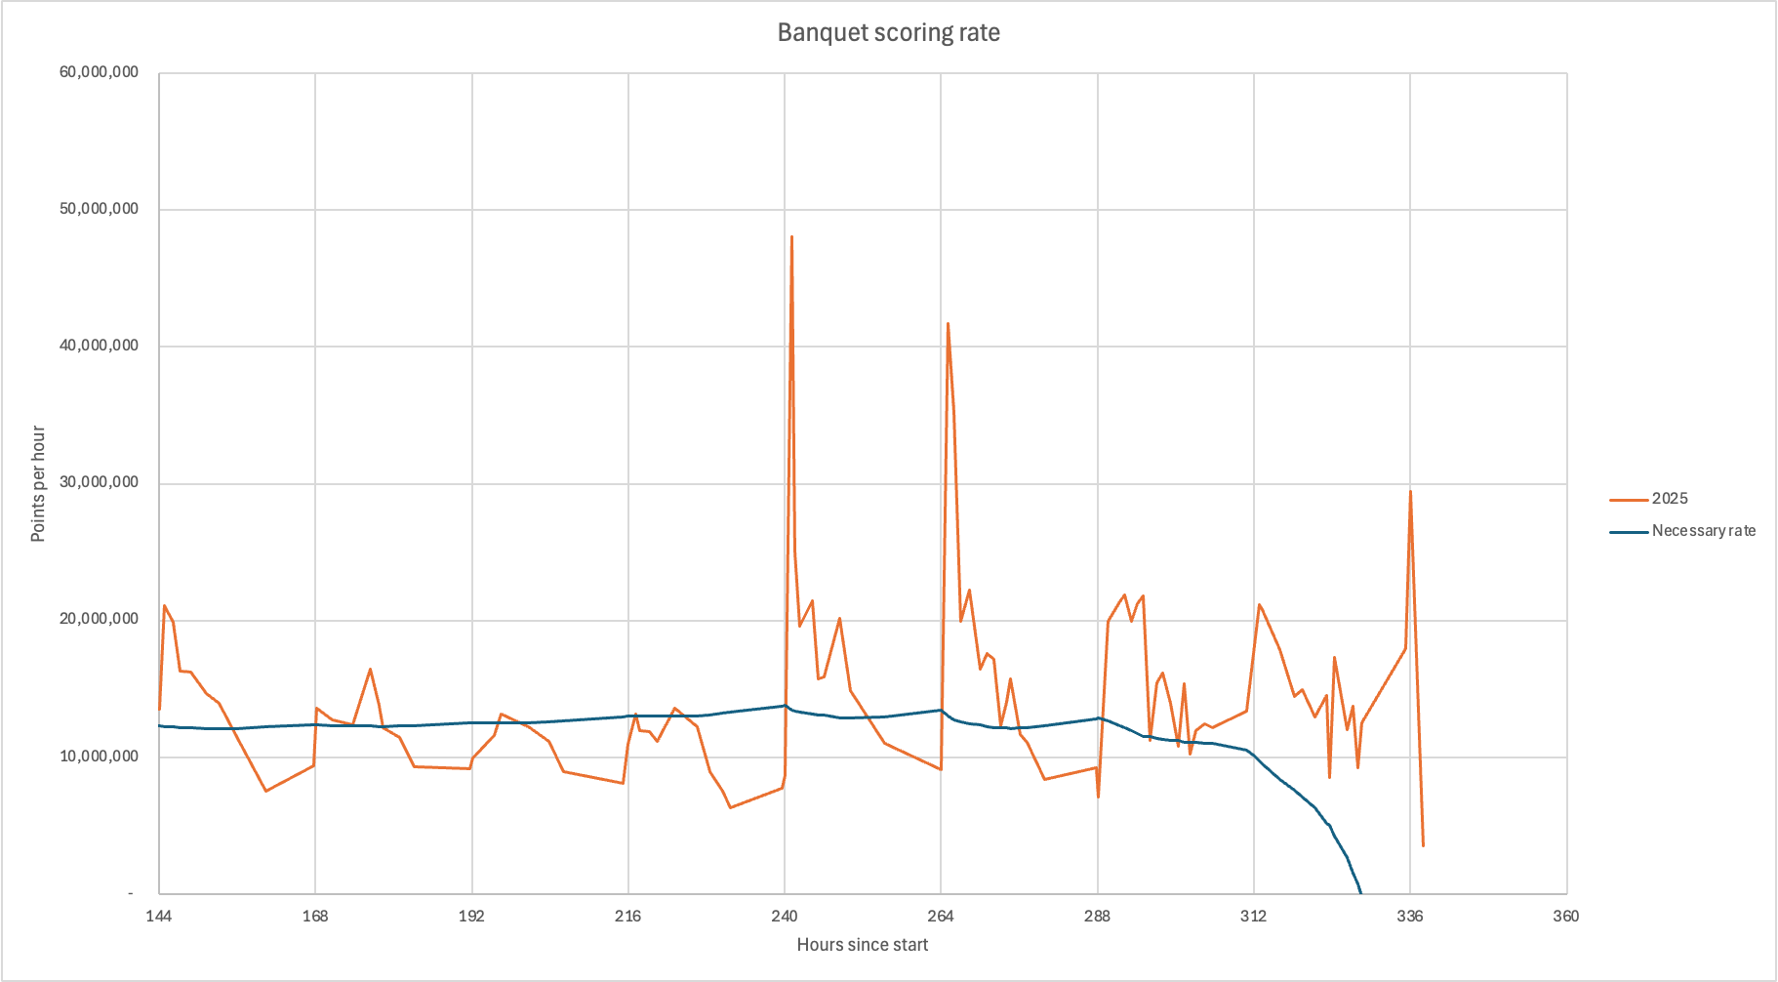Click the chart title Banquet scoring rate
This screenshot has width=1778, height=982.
[x=888, y=32]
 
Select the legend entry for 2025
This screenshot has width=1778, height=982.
[x=1669, y=499]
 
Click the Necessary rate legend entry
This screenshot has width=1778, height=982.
[x=1703, y=531]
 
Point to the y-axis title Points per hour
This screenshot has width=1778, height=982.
[x=38, y=483]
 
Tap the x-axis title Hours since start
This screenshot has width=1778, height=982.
[x=862, y=945]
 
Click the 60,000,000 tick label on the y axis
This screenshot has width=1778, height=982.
[x=99, y=72]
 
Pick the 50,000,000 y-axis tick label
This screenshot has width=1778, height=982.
[x=99, y=209]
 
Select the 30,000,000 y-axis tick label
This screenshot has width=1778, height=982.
[x=99, y=482]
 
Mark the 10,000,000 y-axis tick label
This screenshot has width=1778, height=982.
[x=99, y=757]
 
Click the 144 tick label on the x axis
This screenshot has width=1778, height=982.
[x=159, y=916]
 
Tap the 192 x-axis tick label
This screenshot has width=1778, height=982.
[x=471, y=916]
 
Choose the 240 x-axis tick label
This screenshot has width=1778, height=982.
[x=785, y=916]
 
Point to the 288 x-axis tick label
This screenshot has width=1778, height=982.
[x=1097, y=916]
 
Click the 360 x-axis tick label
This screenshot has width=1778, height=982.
[x=1566, y=916]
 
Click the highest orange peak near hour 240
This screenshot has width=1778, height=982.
[x=791, y=236]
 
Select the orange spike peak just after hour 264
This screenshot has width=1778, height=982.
[x=948, y=323]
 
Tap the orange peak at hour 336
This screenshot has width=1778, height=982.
[x=1410, y=491]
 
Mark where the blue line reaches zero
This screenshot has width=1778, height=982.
[x=1360, y=892]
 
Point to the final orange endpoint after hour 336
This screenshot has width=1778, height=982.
[x=1423, y=845]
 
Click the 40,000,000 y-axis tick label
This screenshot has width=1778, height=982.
[x=99, y=346]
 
